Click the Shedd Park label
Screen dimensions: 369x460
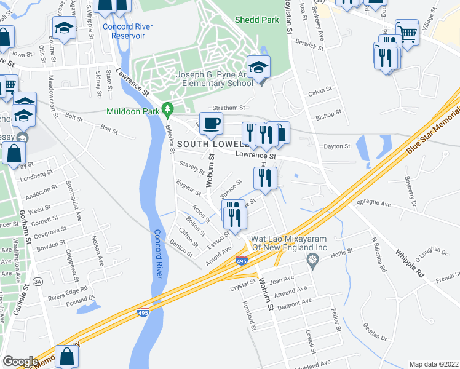point(256,20)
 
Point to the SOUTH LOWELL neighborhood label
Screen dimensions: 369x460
point(205,144)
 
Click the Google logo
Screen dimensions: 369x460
point(20,362)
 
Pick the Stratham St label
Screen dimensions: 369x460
point(229,107)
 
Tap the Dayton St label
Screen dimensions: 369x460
point(337,146)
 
